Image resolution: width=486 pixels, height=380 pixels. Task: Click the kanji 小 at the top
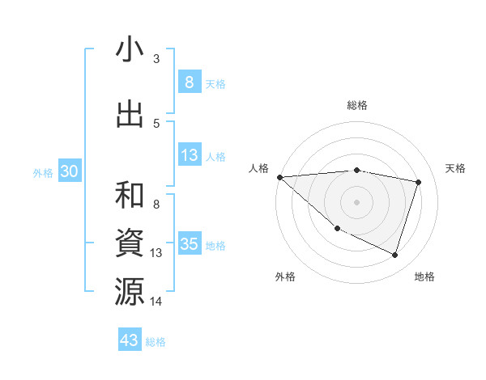[x=130, y=50]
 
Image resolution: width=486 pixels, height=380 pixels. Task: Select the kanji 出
[x=130, y=114]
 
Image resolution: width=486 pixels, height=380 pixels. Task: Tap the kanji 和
[x=130, y=196]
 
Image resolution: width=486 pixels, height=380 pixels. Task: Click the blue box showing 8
[x=189, y=82]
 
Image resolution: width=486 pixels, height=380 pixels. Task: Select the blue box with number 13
[x=189, y=155]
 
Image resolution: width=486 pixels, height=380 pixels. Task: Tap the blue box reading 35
[x=189, y=244]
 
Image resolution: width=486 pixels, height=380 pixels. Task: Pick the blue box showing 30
[x=69, y=171]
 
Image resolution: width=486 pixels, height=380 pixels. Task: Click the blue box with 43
[x=129, y=340]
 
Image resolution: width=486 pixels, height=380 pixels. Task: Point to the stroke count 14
[x=156, y=301]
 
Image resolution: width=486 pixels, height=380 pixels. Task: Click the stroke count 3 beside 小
[x=156, y=58]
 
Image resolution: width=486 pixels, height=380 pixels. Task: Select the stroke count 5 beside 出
[x=156, y=123]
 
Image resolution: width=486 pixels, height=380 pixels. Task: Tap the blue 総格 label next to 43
[x=156, y=342]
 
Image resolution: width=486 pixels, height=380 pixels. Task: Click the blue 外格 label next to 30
[x=43, y=173]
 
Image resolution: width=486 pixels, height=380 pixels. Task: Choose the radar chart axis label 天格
[x=456, y=168]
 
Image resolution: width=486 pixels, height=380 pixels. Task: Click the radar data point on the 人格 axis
[x=279, y=176]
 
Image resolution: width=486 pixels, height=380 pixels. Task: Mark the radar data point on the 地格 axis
[x=394, y=255]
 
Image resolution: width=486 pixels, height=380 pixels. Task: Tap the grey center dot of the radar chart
[x=356, y=201]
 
